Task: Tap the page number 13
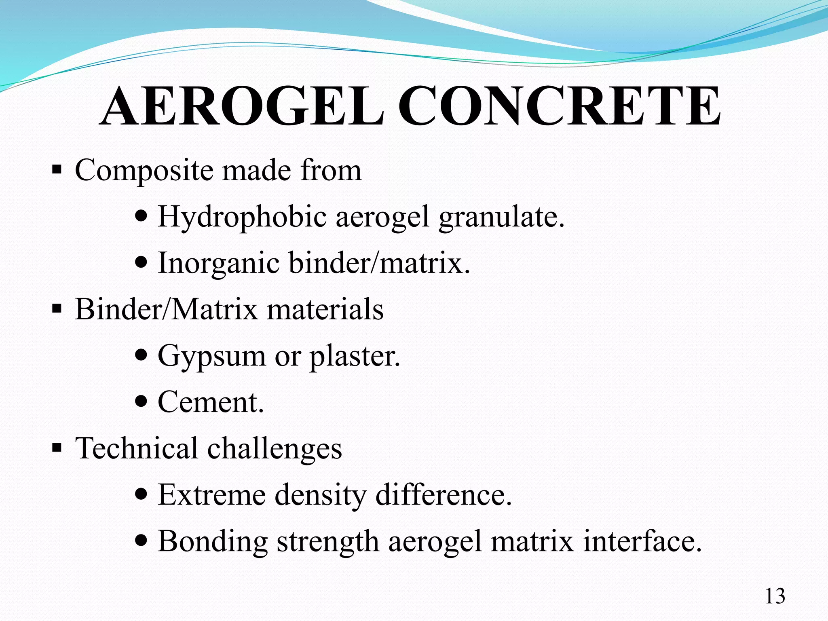click(x=775, y=596)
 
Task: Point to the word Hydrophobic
click(x=242, y=217)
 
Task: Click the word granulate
click(x=501, y=217)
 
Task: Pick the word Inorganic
click(x=218, y=263)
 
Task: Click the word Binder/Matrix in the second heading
click(x=166, y=309)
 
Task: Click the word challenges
click(x=275, y=449)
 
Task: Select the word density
click(x=320, y=495)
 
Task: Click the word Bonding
click(x=213, y=541)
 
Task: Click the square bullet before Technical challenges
click(x=57, y=448)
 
